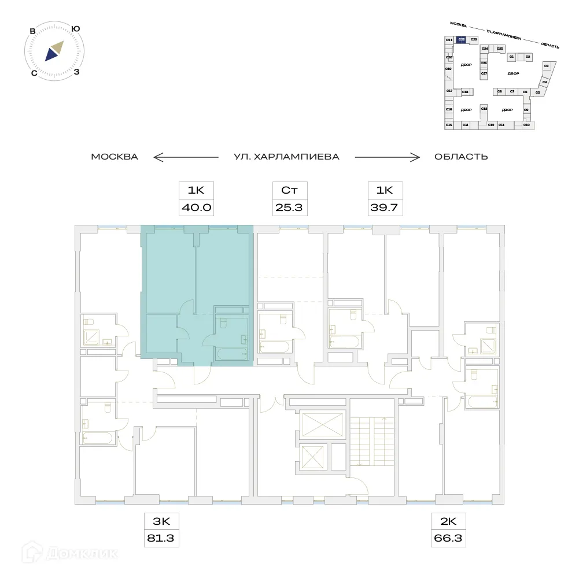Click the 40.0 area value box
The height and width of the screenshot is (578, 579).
(196, 208)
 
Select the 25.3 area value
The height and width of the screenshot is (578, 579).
(290, 208)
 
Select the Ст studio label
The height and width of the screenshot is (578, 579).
(290, 190)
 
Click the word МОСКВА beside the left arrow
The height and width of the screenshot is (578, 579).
(115, 157)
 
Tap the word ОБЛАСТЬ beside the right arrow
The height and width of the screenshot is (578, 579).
(461, 157)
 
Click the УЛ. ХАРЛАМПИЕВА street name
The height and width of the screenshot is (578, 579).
(286, 157)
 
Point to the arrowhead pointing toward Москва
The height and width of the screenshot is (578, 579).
(156, 157)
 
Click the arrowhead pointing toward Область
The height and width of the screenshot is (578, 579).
(416, 157)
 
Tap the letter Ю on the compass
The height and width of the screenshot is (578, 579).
(75, 28)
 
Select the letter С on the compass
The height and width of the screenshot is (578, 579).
(34, 73)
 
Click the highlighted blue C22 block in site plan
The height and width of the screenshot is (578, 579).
(461, 40)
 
